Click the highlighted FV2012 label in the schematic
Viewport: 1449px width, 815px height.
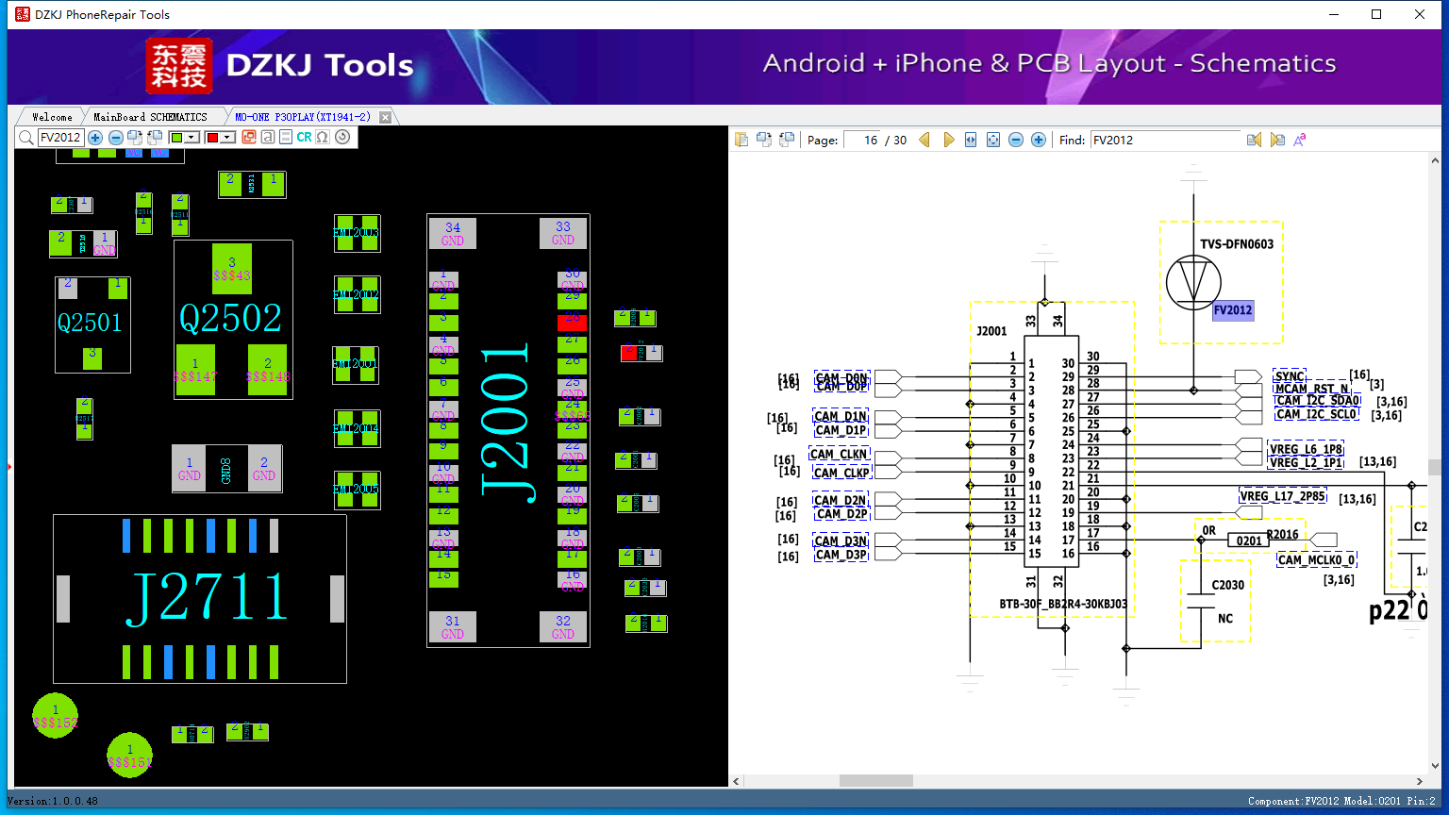click(x=1233, y=310)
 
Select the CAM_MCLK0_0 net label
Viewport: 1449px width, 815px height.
click(x=1316, y=560)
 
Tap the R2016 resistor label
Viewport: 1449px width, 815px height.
click(x=1282, y=535)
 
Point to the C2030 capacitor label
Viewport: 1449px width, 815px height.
click(x=1227, y=585)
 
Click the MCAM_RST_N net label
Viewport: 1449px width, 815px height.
click(x=1311, y=389)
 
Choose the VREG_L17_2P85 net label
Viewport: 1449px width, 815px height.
click(x=1282, y=496)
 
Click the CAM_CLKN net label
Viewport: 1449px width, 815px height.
click(x=839, y=455)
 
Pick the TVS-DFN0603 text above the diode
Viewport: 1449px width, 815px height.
click(x=1236, y=244)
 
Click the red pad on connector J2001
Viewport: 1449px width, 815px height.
click(x=572, y=322)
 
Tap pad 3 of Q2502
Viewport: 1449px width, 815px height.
click(x=232, y=269)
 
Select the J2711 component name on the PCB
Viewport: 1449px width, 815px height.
click(x=208, y=598)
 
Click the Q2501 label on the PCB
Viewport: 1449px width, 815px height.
click(x=90, y=324)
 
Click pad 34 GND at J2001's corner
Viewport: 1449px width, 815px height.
click(x=453, y=233)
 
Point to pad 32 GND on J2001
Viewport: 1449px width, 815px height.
click(x=563, y=626)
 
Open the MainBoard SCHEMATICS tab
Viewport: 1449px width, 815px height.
click(x=150, y=117)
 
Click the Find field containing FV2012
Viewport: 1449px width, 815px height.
click(x=1165, y=140)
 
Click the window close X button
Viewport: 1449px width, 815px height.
click(x=1420, y=14)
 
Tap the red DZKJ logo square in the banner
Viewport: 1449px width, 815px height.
click(x=179, y=66)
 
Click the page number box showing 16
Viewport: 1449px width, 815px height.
click(x=862, y=140)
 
